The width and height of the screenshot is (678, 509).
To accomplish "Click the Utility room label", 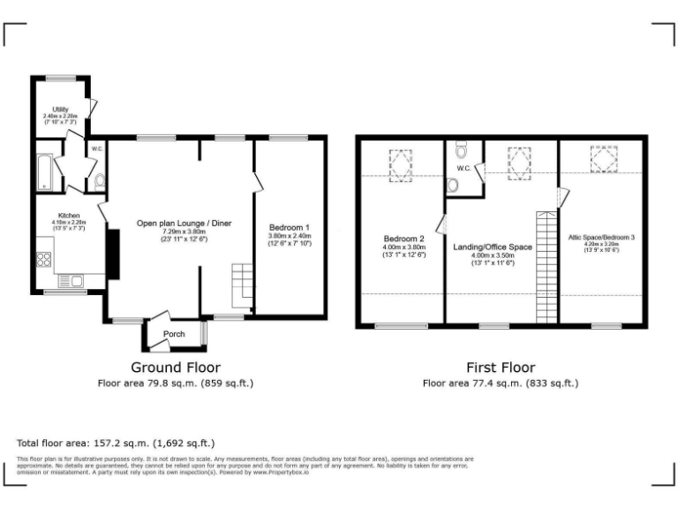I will click(x=61, y=109).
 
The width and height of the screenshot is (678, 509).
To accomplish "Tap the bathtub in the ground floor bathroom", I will click(x=45, y=172).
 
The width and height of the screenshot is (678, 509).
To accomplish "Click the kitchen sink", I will click(x=69, y=282).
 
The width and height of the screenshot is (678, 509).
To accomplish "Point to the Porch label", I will click(x=174, y=333).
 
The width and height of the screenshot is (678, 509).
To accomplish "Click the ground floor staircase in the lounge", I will click(x=242, y=283).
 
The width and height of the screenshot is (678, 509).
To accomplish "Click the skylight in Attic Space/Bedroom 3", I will click(x=604, y=161).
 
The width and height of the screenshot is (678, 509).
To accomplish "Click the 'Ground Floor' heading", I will click(x=176, y=367).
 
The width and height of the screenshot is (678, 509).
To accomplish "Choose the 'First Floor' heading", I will click(x=500, y=367).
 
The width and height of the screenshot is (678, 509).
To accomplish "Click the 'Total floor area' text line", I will click(x=116, y=443).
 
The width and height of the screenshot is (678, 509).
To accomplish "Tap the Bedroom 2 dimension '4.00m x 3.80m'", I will click(x=404, y=247).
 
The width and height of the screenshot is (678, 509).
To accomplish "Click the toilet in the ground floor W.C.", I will click(x=99, y=181).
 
